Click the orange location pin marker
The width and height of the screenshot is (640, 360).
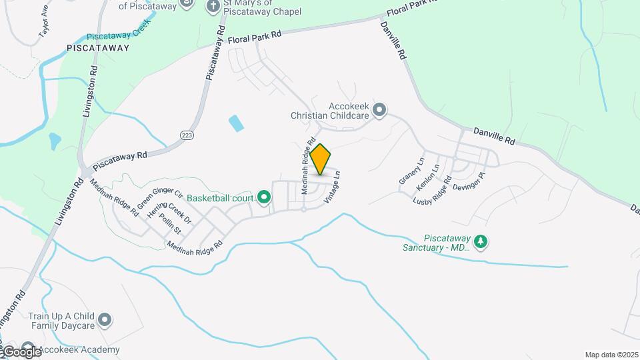pyautogui.click(x=321, y=159)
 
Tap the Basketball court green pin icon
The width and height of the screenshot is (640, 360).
pyautogui.click(x=264, y=197)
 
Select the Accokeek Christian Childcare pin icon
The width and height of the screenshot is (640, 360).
pyautogui.click(x=379, y=109)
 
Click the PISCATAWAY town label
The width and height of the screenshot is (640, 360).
pyautogui.click(x=98, y=48)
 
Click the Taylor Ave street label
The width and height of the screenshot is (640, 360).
pyautogui.click(x=45, y=22)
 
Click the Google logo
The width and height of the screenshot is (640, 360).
pyautogui.click(x=21, y=351)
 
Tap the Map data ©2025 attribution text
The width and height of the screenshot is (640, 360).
pyautogui.click(x=611, y=355)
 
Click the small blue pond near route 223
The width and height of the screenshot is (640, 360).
pyautogui.click(x=235, y=123)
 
